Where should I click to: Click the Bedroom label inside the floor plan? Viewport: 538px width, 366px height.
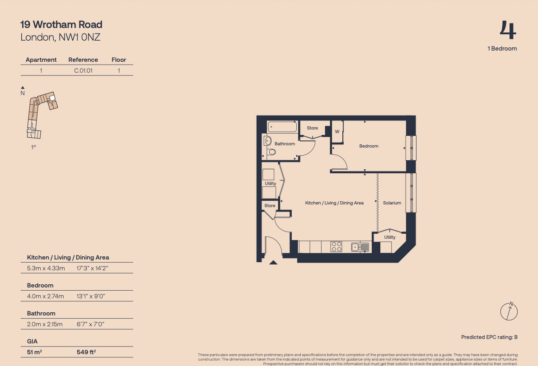pyautogui.click(x=369, y=146)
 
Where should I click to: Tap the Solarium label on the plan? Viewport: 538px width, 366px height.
pyautogui.click(x=392, y=203)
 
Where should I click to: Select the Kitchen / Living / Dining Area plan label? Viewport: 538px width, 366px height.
pyautogui.click(x=335, y=203)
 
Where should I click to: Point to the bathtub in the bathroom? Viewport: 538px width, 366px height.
pyautogui.click(x=282, y=127)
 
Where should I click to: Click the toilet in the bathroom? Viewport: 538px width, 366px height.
pyautogui.click(x=272, y=152)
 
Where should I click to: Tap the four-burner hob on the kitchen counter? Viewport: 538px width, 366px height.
pyautogui.click(x=336, y=247)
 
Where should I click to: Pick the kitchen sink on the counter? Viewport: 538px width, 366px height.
pyautogui.click(x=360, y=247)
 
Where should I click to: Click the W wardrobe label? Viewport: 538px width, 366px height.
pyautogui.click(x=337, y=132)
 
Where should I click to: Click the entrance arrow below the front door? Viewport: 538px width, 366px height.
pyautogui.click(x=273, y=263)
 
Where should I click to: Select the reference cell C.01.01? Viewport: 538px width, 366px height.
pyautogui.click(x=84, y=70)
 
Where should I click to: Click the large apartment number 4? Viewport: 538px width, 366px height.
pyautogui.click(x=508, y=30)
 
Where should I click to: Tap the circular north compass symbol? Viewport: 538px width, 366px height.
pyautogui.click(x=509, y=311)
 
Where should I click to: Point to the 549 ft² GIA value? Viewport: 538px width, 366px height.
pyautogui.click(x=86, y=352)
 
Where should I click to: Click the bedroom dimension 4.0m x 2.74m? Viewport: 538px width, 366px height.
pyautogui.click(x=45, y=296)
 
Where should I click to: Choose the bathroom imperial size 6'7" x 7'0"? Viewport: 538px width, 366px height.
pyautogui.click(x=90, y=324)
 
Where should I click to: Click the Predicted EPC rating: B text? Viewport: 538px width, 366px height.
pyautogui.click(x=489, y=337)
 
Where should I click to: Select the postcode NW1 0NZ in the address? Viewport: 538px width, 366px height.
pyautogui.click(x=79, y=37)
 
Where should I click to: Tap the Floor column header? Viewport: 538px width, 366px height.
pyautogui.click(x=119, y=60)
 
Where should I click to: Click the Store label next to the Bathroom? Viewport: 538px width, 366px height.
pyautogui.click(x=312, y=128)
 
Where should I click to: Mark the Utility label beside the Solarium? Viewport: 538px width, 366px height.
pyautogui.click(x=390, y=237)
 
